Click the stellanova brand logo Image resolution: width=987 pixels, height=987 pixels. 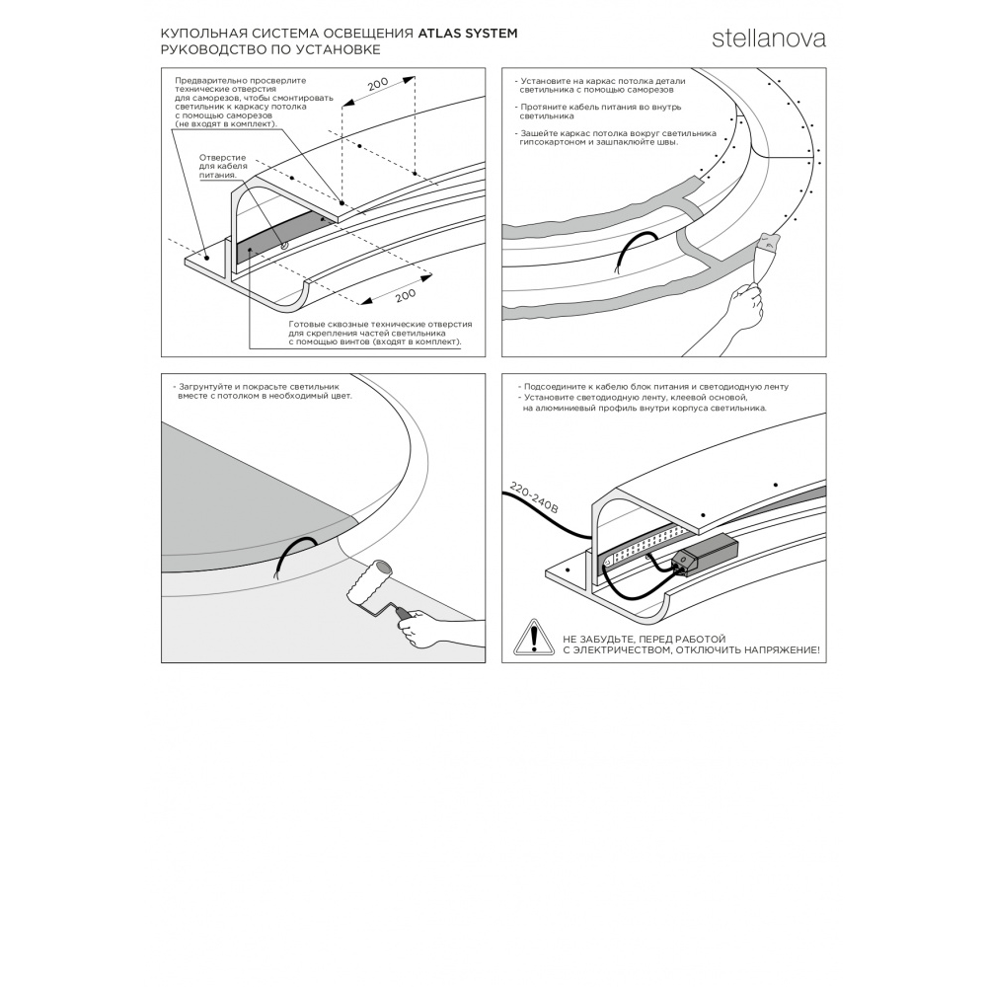[x=769, y=39]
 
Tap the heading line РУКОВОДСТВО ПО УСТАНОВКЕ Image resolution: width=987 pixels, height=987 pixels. [x=269, y=48]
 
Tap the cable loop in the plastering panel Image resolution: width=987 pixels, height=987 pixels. [x=631, y=251]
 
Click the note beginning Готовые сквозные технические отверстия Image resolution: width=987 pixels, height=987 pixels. [x=377, y=333]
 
